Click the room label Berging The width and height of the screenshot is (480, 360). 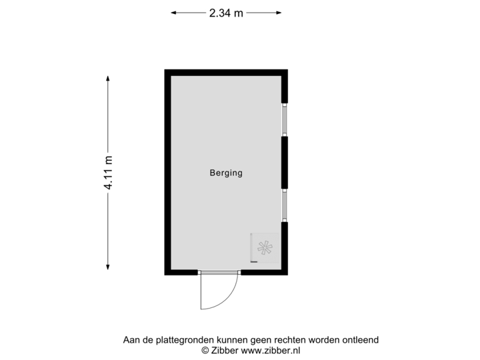[226, 173]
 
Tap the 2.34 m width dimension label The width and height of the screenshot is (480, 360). [226, 12]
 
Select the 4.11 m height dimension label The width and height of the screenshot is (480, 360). [108, 172]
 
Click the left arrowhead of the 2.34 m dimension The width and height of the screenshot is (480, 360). [173, 12]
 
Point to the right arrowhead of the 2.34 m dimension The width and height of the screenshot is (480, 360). [279, 12]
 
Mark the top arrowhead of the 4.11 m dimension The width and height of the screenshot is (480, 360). [108, 77]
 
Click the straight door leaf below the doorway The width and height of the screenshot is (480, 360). [201, 292]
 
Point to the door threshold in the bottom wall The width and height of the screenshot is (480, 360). [219, 272]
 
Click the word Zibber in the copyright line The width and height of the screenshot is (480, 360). [224, 349]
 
